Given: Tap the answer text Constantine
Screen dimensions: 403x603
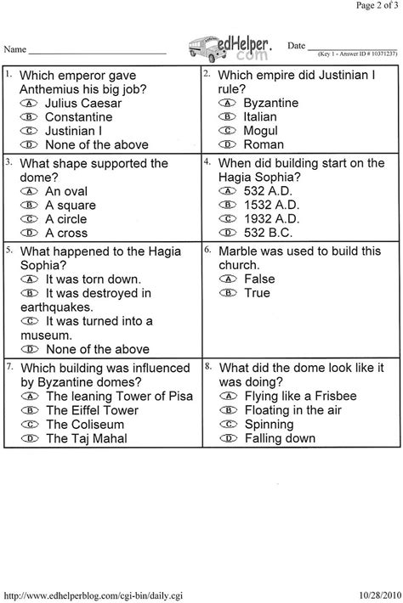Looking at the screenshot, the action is point(78,116).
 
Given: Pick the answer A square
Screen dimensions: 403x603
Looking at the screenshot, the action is point(71,205).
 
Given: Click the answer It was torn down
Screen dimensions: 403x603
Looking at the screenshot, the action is point(94,279).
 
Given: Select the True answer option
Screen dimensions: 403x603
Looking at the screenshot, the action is point(256,292).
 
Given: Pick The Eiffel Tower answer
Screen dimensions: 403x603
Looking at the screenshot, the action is point(92,410).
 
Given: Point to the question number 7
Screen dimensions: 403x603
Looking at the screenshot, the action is point(9,365).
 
